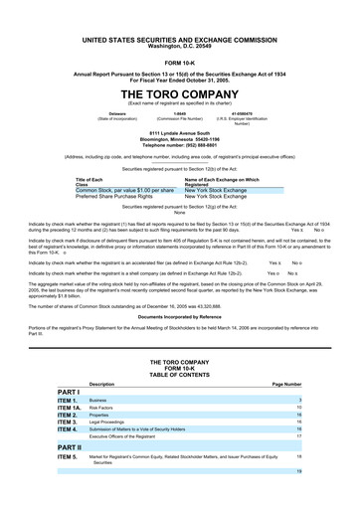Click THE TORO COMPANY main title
click(x=179, y=89)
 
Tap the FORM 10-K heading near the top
click(x=179, y=59)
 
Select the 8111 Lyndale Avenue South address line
click(x=179, y=132)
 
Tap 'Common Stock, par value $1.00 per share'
click(x=124, y=189)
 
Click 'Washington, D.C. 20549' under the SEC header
click(x=179, y=46)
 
